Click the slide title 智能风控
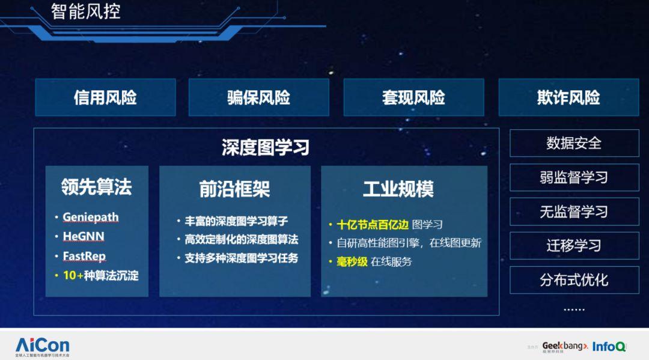pos(85,11)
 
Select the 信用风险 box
pos(105,97)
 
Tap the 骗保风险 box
pos(258,97)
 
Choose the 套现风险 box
pos(413,97)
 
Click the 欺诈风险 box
pos(568,97)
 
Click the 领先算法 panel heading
pos(96,188)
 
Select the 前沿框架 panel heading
pos(234,189)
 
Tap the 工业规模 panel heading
pos(398,189)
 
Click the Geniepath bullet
pos(91,217)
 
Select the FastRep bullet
pos(84,256)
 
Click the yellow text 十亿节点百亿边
pos(372,224)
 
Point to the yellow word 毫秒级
pos(352,261)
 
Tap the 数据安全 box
pos(574,143)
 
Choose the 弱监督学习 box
pos(574,177)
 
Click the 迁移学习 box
pos(574,246)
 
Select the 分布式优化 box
pos(574,280)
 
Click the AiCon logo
pos(42,346)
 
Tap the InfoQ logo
pos(609,346)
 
